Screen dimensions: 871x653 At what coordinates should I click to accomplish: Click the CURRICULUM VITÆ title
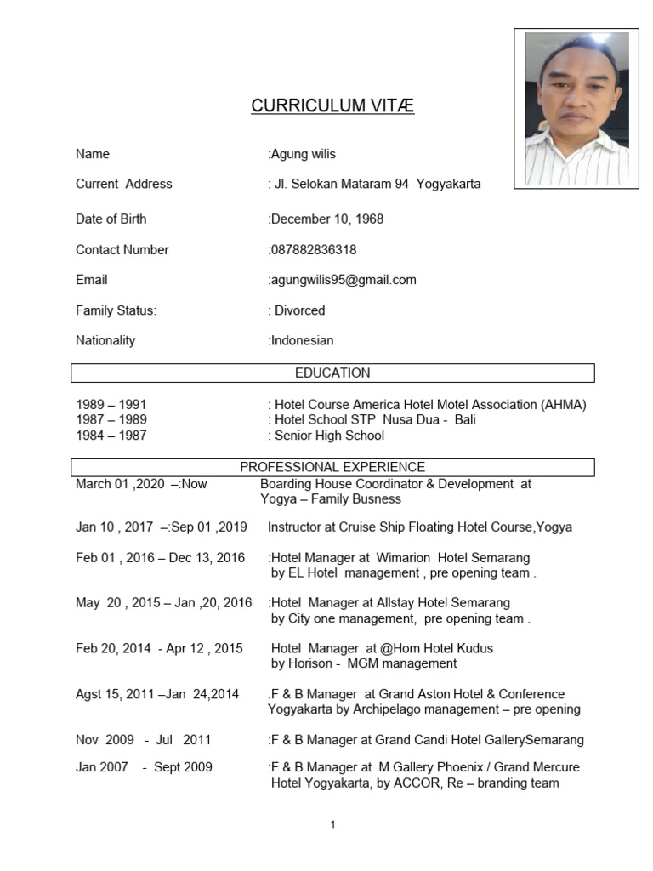[x=332, y=106]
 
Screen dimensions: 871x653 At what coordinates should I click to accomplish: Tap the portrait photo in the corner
[x=576, y=109]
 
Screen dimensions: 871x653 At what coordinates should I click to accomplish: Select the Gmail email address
[x=344, y=280]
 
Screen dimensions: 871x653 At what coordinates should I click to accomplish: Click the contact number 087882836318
[x=314, y=250]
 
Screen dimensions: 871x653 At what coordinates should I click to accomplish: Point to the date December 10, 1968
[x=327, y=219]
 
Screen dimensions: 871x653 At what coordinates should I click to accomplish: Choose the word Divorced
[x=299, y=310]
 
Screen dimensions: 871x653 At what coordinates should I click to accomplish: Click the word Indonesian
[x=302, y=340]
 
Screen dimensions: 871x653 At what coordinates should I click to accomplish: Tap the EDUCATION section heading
[x=332, y=373]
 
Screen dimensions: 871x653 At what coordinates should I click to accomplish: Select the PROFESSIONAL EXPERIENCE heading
[x=332, y=467]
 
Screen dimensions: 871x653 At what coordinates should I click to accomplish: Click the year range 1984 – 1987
[x=111, y=435]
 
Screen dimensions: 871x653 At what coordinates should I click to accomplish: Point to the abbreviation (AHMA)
[x=564, y=405]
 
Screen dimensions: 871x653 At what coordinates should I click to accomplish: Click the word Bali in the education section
[x=464, y=420]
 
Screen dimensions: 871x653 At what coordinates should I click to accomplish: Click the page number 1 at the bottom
[x=332, y=825]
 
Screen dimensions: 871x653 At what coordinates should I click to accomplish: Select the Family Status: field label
[x=116, y=310]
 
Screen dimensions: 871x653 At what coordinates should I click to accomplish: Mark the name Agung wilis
[x=303, y=154]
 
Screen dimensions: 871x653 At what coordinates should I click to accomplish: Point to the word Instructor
[x=297, y=527]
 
